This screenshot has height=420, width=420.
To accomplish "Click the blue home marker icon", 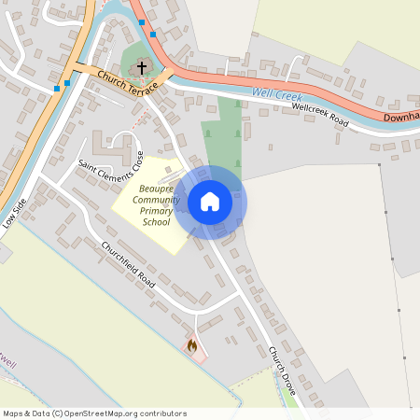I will (210, 202).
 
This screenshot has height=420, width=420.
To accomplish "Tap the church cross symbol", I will (142, 67).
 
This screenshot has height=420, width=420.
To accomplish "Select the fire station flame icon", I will (192, 346).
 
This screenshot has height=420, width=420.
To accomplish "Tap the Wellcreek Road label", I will (320, 115).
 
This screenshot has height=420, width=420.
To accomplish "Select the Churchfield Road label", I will (126, 264).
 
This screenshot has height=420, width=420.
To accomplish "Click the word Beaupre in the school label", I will (156, 189).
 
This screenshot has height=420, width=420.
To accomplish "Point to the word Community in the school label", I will (156, 200).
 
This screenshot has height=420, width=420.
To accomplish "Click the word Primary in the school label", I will (156, 211).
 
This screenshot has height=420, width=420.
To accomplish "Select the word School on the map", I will (156, 222).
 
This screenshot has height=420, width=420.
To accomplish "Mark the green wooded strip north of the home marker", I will (223, 131).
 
